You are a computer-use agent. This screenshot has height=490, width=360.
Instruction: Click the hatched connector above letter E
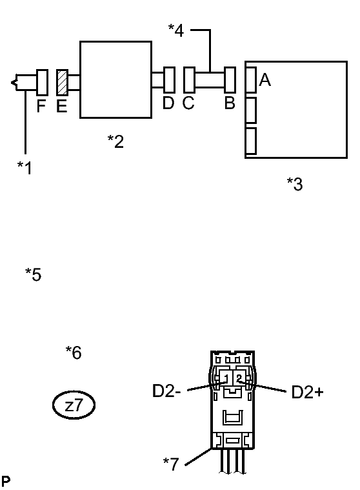62,83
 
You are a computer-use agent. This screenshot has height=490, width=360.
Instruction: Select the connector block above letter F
42,83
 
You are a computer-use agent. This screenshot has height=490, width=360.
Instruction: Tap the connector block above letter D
169,80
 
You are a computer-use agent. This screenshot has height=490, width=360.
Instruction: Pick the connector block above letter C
190,80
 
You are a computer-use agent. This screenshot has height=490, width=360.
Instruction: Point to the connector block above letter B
230,80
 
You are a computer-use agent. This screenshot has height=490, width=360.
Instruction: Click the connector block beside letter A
251,79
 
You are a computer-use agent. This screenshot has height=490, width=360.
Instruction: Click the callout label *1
25,167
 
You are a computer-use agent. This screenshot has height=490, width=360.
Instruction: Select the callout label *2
115,141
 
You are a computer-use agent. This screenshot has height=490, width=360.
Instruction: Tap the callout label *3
295,184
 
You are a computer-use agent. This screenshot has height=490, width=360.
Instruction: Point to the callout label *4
176,30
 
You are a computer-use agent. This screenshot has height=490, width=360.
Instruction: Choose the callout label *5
33,274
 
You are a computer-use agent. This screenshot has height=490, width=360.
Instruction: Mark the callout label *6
74,352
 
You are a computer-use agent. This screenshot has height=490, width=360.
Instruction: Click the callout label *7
171,464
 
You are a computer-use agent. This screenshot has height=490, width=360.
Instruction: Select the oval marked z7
74,405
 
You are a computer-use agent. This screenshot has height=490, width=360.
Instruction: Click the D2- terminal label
166,391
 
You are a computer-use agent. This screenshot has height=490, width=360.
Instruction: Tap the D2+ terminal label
307,392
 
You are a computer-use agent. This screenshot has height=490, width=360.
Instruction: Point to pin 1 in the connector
226,378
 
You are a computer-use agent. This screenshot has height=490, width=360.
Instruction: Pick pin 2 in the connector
239,378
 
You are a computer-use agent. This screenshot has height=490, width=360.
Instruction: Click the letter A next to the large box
265,79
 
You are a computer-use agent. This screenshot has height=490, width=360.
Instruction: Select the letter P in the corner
6,481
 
